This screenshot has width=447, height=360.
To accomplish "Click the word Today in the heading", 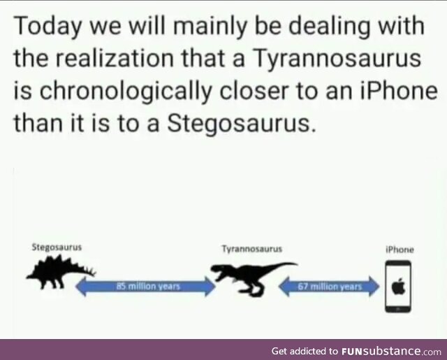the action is coord(47,27).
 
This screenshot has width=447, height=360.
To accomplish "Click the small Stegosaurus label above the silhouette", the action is coord(57,247).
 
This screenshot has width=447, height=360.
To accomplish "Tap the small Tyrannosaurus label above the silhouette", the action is coord(252,249).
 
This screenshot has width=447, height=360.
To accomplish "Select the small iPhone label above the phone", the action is coord(400,250).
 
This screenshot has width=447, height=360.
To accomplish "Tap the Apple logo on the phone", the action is coord(398,286).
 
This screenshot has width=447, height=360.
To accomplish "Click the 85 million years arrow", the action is coord(145,286).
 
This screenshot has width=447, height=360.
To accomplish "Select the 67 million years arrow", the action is coord(329,286).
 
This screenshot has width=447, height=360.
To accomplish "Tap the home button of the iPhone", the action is coord(398,309).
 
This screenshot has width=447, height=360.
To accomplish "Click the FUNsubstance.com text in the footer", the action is coord(391,351).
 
